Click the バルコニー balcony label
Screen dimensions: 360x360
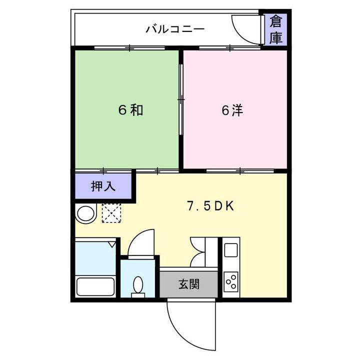coord(175,29)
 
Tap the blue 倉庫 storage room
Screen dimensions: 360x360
coord(276,29)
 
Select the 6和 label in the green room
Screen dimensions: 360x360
coord(130,110)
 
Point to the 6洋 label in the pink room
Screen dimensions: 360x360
coord(232,110)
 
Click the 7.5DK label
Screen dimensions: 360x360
coord(210,206)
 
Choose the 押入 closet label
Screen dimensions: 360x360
coord(103,186)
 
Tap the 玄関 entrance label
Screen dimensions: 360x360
coord(189,284)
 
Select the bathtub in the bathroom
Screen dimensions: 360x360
coord(95,287)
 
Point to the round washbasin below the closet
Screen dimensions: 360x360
coord(86,214)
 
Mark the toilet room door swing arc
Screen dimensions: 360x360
coord(141,243)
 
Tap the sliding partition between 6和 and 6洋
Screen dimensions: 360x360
coord(181,100)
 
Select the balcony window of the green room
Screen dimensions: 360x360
coord(129,48)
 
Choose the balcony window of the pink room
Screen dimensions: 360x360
coord(229,48)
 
